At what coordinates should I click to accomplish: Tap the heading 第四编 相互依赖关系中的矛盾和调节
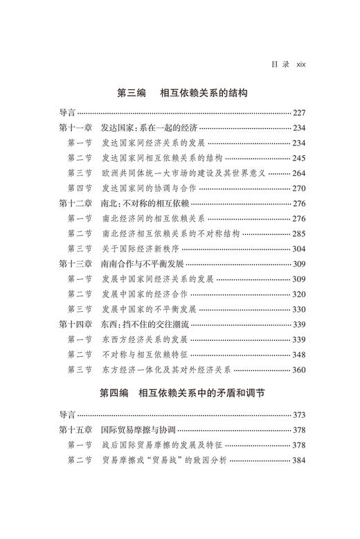click(x=180, y=394)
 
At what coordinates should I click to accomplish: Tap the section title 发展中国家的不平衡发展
click(x=157, y=309)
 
